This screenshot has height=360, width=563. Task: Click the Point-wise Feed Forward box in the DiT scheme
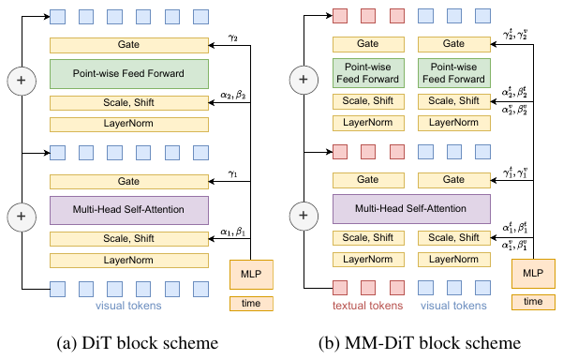click(x=129, y=74)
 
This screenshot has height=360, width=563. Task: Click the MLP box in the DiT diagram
click(x=250, y=275)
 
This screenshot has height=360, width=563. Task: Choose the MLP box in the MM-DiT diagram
click(x=532, y=275)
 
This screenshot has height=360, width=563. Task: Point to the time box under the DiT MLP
click(x=250, y=303)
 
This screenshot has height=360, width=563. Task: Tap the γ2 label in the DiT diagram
click(x=233, y=37)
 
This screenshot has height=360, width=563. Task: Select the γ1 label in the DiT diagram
click(x=233, y=172)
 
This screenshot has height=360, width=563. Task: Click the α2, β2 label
click(x=232, y=95)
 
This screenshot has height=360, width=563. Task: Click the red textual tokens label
click(x=368, y=306)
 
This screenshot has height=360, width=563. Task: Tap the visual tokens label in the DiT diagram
click(x=129, y=306)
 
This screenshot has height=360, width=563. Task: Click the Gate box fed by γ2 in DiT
click(x=129, y=45)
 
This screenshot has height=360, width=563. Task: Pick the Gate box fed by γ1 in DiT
click(x=129, y=179)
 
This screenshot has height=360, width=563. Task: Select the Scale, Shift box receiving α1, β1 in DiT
click(x=129, y=238)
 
